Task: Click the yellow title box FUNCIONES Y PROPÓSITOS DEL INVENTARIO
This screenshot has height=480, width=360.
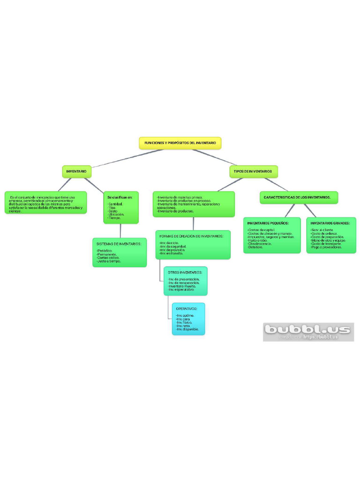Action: coord(180,143)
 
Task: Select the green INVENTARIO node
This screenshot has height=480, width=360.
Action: coord(76,172)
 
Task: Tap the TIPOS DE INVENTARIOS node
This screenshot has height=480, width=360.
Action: coord(253,172)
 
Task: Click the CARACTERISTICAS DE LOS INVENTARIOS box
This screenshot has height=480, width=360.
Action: coord(298,197)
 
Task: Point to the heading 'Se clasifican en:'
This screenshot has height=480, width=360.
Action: coord(120,197)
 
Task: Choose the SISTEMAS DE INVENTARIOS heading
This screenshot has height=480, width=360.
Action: coord(119,244)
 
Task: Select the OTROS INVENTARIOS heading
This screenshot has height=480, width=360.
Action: coord(185,272)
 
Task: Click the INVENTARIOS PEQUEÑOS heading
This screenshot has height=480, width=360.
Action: coord(268,223)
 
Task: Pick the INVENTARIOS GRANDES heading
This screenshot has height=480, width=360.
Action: coord(330,223)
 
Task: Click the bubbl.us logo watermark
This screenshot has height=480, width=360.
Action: coord(307,330)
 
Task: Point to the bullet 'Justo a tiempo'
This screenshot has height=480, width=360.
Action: coord(109,261)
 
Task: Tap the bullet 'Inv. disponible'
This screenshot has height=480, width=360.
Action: coord(187,329)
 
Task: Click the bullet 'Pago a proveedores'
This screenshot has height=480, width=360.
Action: coord(326,247)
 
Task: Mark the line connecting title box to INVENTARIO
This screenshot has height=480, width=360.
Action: coord(127,159)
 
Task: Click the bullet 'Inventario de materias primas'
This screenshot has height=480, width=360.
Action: coord(180,198)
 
